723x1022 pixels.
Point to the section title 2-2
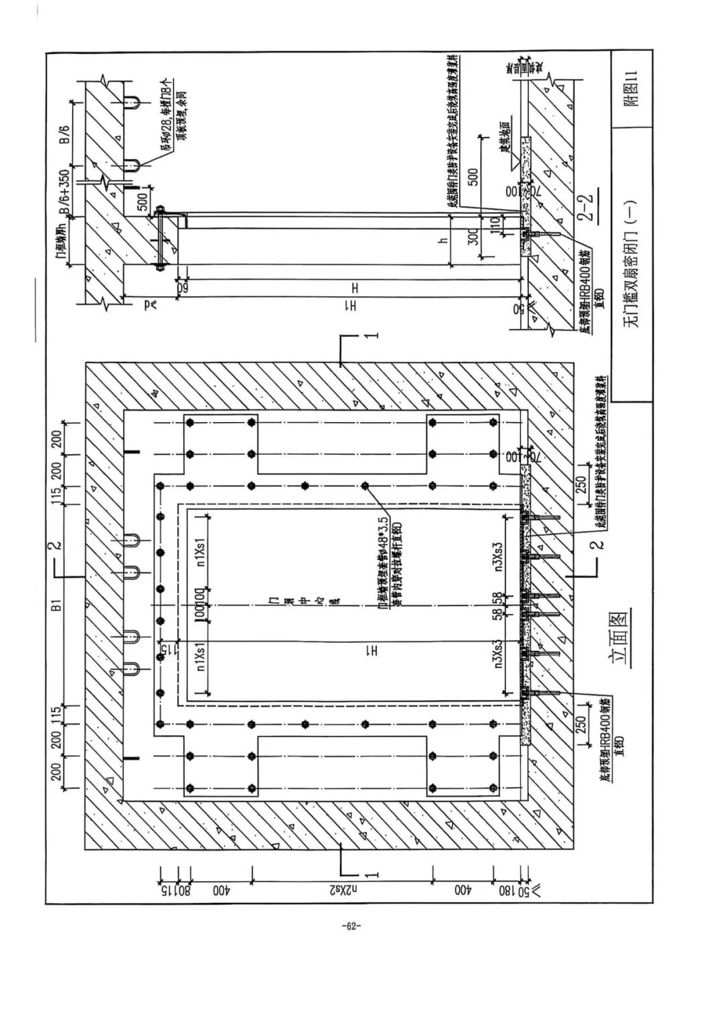pyautogui.click(x=588, y=209)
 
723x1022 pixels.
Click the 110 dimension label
pyautogui.click(x=495, y=223)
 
